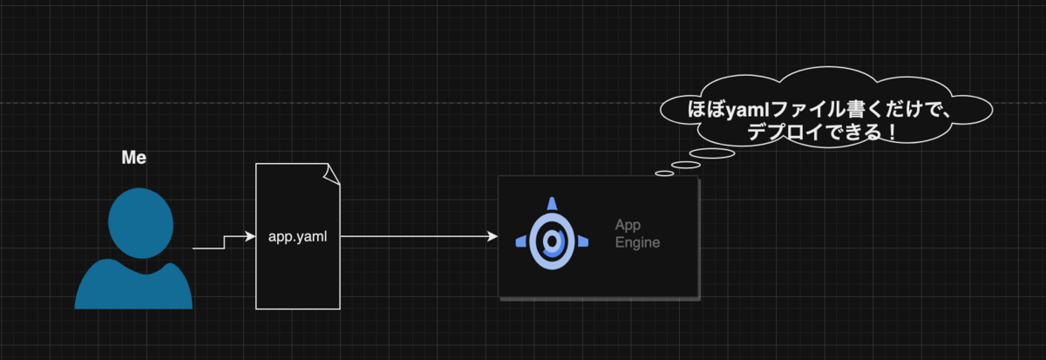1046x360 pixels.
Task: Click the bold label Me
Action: pos(134,158)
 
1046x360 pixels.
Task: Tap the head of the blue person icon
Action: pos(140,223)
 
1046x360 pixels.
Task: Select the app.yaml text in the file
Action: pos(297,237)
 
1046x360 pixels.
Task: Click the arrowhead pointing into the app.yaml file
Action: pos(250,237)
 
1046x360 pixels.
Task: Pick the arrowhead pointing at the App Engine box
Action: pos(492,237)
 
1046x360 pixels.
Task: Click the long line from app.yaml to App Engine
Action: pos(419,237)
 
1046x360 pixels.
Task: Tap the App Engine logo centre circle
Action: pos(552,241)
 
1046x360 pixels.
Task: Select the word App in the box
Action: pos(628,226)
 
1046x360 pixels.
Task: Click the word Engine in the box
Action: pos(637,243)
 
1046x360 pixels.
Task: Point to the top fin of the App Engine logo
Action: pos(552,204)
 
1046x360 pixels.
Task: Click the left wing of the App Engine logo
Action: pos(521,241)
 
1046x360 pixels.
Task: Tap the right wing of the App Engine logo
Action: pos(583,241)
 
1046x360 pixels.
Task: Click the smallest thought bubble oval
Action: pos(664,173)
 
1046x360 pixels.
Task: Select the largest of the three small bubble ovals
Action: pos(712,153)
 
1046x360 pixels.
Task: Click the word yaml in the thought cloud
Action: pos(748,110)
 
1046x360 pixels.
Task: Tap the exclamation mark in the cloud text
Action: pos(893,132)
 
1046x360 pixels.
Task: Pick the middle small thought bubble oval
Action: pos(686,165)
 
